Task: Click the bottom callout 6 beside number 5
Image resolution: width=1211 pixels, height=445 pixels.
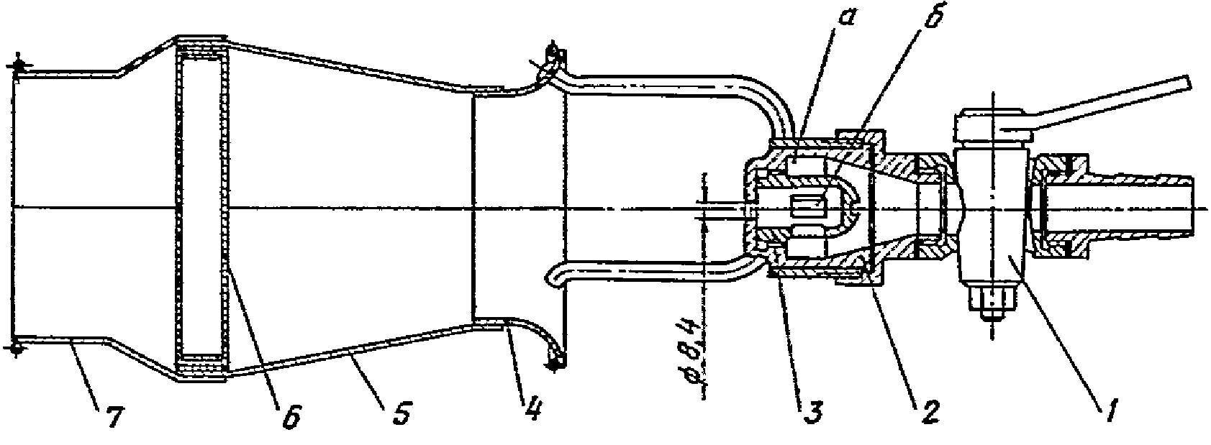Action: (x=291, y=415)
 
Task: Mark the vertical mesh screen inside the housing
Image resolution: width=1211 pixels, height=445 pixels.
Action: (x=224, y=208)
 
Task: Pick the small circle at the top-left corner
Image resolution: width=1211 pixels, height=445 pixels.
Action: (x=18, y=65)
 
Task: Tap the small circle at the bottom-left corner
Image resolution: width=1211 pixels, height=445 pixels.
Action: (x=17, y=348)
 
